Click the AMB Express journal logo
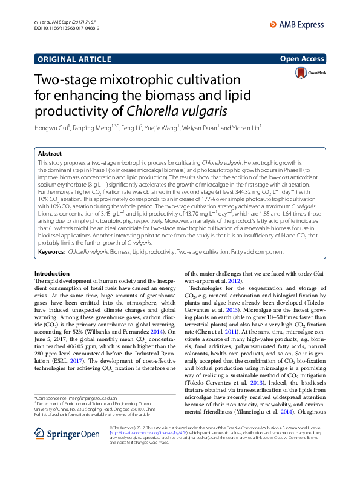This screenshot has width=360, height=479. click(x=307, y=22)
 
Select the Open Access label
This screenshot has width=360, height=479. click(x=303, y=60)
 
